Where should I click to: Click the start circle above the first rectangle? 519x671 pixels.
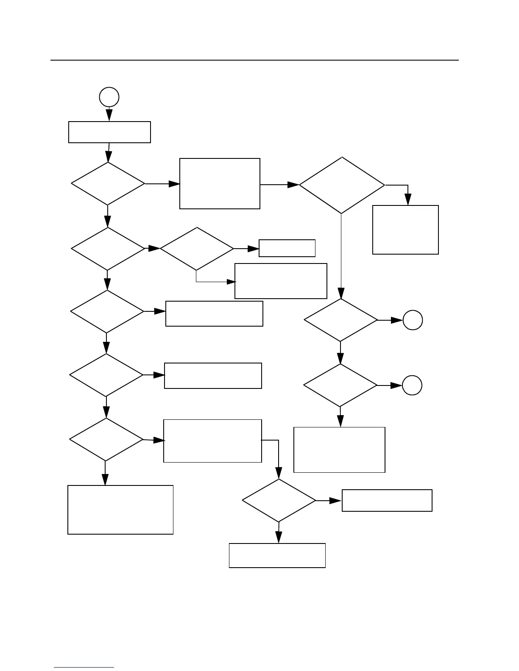coord(109,97)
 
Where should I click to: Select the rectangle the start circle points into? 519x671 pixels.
coord(109,132)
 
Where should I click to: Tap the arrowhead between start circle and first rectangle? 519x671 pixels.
coord(109,115)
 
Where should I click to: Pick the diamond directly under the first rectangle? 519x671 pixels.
coord(108,184)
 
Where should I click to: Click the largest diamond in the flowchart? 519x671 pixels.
coord(342,185)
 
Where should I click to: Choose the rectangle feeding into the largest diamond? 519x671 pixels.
coord(220,183)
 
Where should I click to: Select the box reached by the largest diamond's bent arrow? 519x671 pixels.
coord(405,230)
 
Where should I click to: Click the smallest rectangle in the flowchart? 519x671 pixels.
coord(287,248)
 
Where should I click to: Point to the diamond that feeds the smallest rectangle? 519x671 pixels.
coord(197,249)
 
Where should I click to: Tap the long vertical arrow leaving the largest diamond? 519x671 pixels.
coord(341,254)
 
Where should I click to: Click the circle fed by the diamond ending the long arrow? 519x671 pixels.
coord(413,320)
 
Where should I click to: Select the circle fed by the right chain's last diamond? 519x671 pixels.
coord(412,385)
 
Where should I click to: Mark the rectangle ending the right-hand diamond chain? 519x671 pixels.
coord(339,449)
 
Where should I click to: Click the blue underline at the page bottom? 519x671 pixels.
coord(84,668)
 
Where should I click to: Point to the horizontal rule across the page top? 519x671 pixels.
coord(254,60)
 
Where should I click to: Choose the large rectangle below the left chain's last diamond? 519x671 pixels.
coord(120,510)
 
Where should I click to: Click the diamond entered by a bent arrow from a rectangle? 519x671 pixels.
coord(279,501)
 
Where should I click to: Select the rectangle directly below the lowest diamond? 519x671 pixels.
coord(277,555)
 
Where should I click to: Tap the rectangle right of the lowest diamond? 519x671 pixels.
coord(387,500)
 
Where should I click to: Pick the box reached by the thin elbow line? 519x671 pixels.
coord(281,281)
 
